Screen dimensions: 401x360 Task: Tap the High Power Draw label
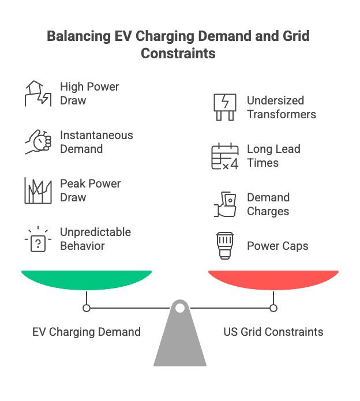click(89, 93)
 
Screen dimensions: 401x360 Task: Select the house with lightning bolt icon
click(37, 93)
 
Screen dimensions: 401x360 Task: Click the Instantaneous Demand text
click(96, 142)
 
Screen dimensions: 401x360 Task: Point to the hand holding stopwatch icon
click(37, 142)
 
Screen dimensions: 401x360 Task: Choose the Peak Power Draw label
click(90, 190)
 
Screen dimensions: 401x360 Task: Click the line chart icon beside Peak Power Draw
click(37, 191)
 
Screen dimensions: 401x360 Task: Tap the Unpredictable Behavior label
click(95, 239)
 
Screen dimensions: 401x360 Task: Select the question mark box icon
click(37, 239)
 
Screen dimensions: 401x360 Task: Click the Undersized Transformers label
click(282, 107)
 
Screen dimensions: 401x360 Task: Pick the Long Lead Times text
click(273, 156)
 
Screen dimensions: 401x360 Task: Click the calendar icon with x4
click(224, 156)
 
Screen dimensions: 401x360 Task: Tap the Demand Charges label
click(268, 204)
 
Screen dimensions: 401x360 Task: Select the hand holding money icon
click(224, 205)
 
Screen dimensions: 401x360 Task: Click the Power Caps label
click(277, 246)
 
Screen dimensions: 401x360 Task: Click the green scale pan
click(87, 279)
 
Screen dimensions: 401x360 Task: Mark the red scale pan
click(273, 279)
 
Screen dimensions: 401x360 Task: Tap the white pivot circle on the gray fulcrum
click(180, 308)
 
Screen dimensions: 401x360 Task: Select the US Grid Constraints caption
click(273, 332)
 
